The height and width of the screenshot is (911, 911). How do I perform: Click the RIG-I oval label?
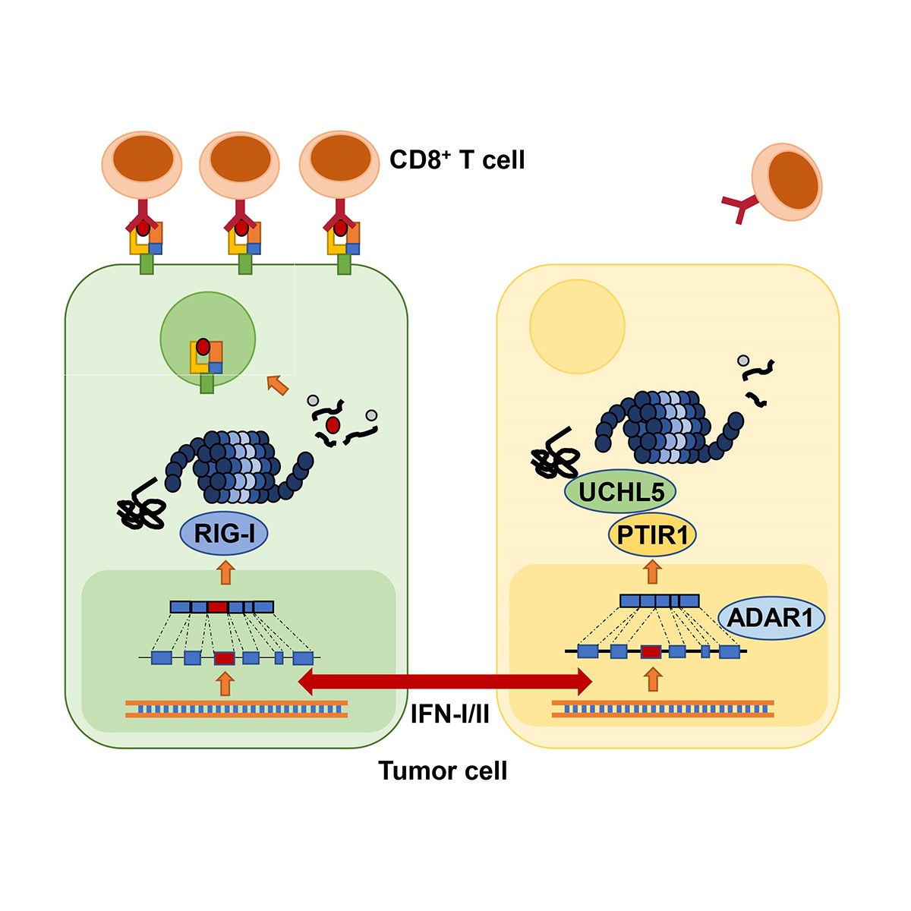tap(224, 534)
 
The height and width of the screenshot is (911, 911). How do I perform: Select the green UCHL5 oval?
tap(621, 492)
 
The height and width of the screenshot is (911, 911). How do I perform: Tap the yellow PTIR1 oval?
tap(652, 535)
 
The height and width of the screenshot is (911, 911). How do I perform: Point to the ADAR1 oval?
tap(770, 617)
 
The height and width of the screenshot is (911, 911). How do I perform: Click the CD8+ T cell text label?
tap(457, 160)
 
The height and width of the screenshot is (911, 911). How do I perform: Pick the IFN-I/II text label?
tap(450, 714)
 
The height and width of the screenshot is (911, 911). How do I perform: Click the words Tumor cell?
tap(443, 771)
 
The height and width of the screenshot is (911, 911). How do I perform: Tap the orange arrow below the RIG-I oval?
tap(225, 572)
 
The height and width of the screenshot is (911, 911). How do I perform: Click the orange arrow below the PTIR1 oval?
tap(652, 571)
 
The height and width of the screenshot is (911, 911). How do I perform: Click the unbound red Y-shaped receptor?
tap(739, 206)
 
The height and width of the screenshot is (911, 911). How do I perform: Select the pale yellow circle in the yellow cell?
tap(577, 326)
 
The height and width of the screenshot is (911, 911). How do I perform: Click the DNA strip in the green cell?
tap(236, 709)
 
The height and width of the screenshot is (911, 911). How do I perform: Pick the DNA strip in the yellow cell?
tap(663, 709)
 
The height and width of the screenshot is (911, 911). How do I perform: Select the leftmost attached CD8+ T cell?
tap(142, 163)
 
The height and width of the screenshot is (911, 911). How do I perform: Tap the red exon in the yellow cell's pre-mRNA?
tap(651, 651)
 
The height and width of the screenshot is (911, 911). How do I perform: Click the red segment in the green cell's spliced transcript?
tap(218, 607)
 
